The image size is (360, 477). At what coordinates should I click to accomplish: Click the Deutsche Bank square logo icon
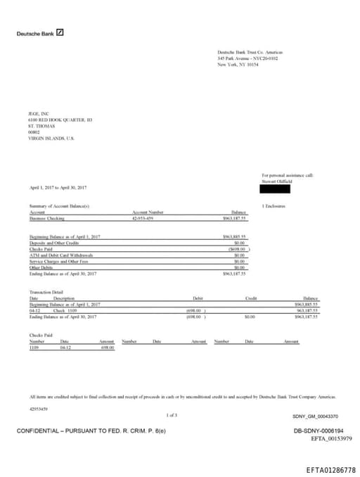pyautogui.click(x=60, y=32)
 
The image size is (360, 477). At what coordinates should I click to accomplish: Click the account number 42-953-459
pyautogui.click(x=143, y=219)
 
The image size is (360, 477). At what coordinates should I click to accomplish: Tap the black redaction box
pyautogui.click(x=275, y=188)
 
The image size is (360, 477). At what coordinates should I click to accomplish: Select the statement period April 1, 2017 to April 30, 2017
pyautogui.click(x=58, y=188)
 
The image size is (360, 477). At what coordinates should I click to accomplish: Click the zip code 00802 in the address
pyautogui.click(x=34, y=132)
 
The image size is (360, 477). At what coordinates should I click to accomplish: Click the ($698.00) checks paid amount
pyautogui.click(x=237, y=249)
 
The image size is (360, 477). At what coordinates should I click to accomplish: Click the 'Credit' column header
pyautogui.click(x=251, y=298)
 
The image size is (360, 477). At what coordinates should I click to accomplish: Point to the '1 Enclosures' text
pyautogui.click(x=273, y=206)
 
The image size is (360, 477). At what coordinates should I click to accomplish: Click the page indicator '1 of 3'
pyautogui.click(x=172, y=415)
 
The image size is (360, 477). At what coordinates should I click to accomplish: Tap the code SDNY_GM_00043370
pyautogui.click(x=315, y=416)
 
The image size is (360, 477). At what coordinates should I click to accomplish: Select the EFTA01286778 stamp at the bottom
pyautogui.click(x=331, y=469)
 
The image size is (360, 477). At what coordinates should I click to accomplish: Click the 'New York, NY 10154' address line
pyautogui.click(x=239, y=64)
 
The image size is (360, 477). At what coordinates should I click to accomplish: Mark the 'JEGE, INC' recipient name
pyautogui.click(x=39, y=114)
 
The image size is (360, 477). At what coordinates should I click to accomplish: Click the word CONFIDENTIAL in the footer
pyautogui.click(x=42, y=430)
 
